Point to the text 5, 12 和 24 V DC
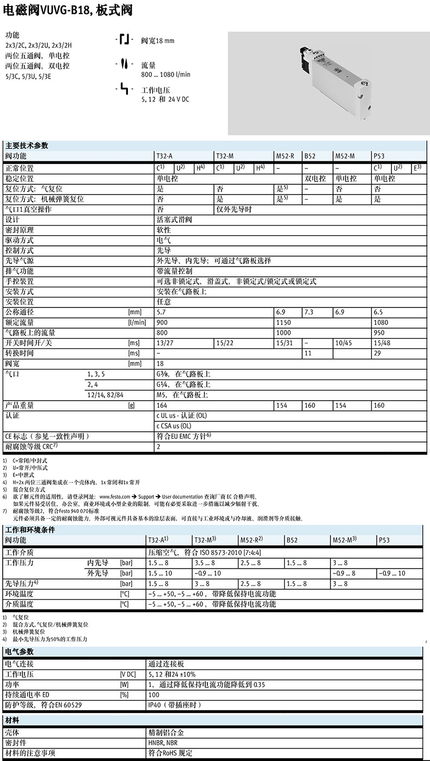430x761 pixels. click(165, 99)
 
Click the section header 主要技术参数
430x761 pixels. click(27, 146)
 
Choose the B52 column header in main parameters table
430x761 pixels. click(309, 156)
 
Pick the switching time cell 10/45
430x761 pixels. click(343, 343)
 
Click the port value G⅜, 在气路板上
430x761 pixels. click(183, 374)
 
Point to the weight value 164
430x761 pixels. click(162, 405)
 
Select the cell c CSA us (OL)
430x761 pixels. click(174, 426)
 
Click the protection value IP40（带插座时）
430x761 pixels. click(175, 705)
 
